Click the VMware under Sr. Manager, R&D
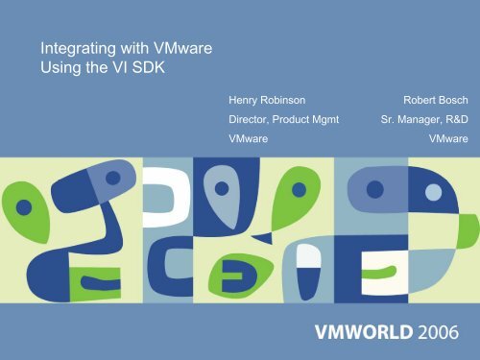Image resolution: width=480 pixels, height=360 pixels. pyautogui.click(x=447, y=139)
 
